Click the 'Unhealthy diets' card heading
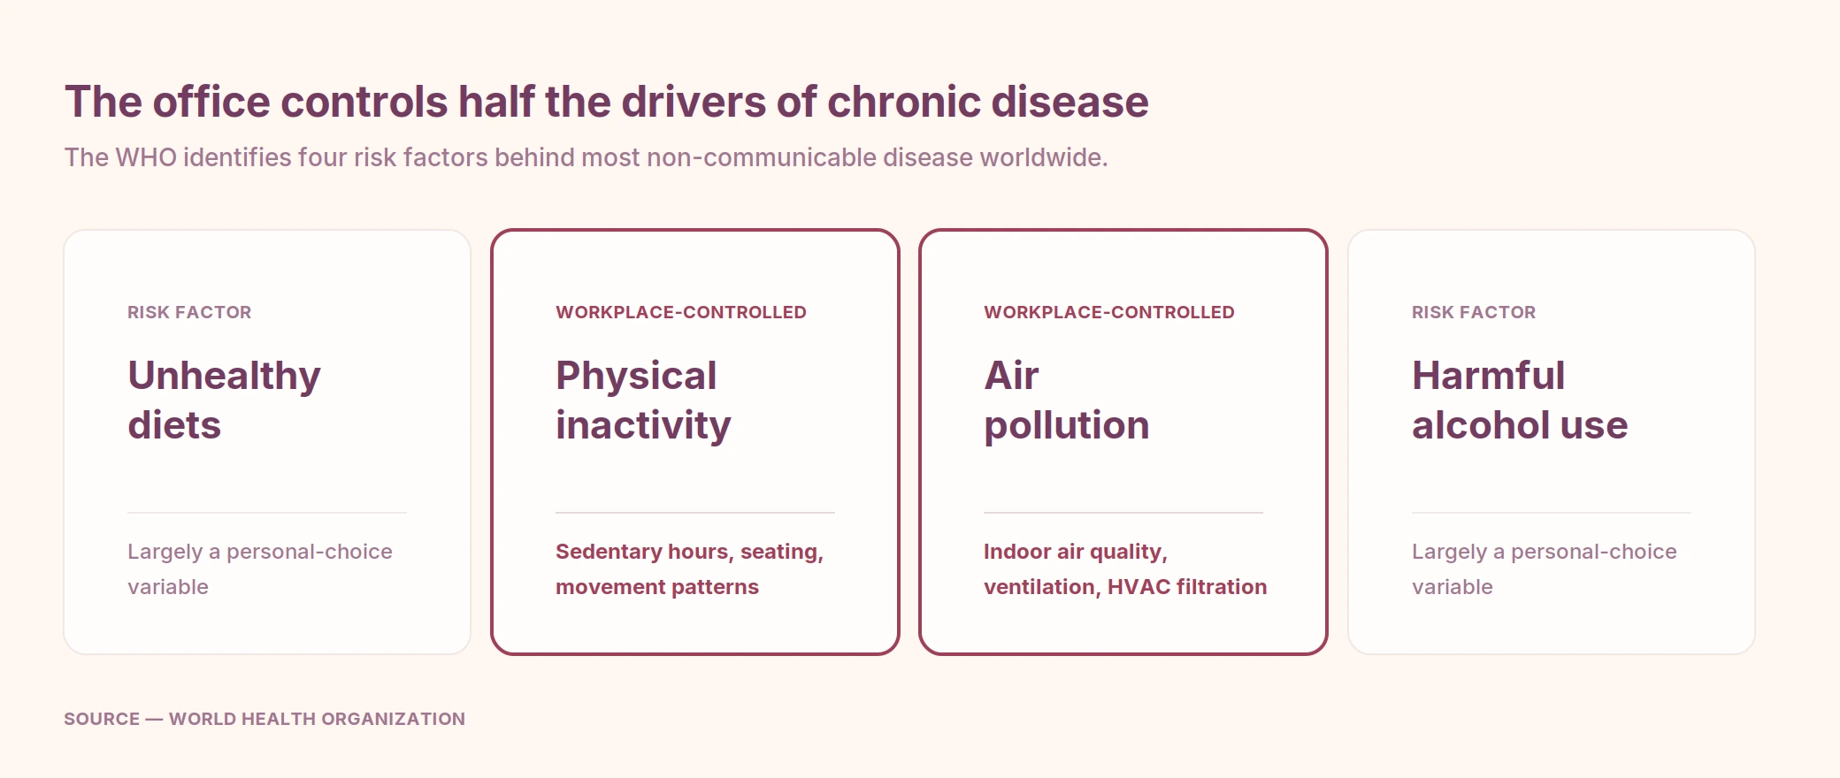coord(224,400)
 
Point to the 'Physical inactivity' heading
coord(643,400)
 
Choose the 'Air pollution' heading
coord(1067,400)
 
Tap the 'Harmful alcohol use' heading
coord(1520,400)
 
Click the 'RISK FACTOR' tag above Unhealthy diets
coord(189,312)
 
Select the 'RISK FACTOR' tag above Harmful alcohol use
coord(1474,312)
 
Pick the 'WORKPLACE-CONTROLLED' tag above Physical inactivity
coord(681,312)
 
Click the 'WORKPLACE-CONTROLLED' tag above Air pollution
coord(1109,312)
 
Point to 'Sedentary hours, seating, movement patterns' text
coord(689,569)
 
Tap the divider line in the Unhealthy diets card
coord(267,513)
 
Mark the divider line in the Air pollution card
coord(1123,513)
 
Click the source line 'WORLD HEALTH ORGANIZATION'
coord(317,719)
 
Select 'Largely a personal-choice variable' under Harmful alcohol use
coord(1544,569)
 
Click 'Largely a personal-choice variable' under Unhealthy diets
coord(259,569)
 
